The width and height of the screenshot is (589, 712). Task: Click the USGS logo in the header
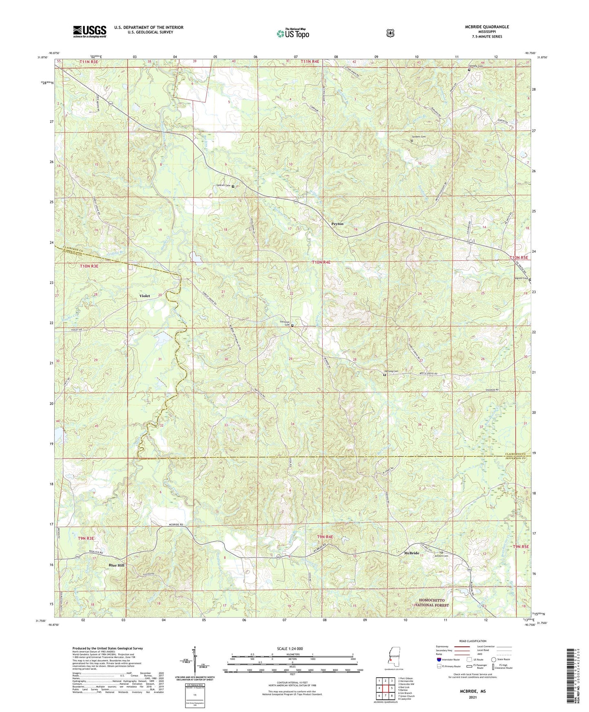coord(90,31)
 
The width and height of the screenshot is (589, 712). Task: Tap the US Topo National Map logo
coord(292,33)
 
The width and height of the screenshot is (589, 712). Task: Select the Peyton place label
coord(337,224)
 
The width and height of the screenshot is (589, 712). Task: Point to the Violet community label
coord(145,296)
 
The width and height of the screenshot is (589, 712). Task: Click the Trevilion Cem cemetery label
coord(284,323)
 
